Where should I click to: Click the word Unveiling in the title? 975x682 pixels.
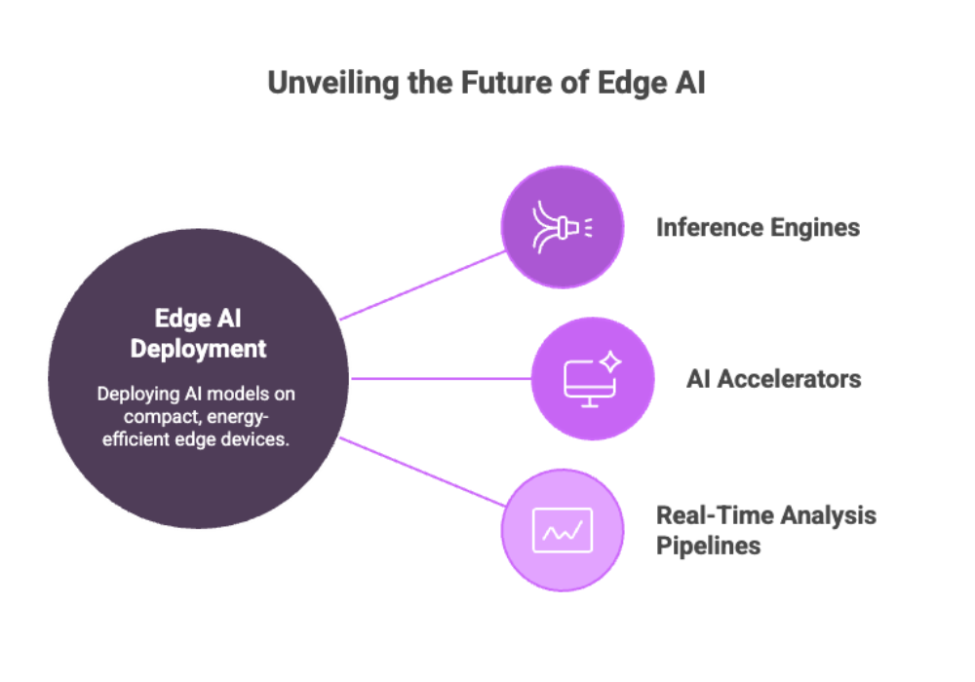point(332,84)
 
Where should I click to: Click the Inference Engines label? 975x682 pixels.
point(758,228)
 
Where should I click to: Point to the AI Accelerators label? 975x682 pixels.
point(773,379)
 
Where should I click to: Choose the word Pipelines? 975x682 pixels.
point(708,546)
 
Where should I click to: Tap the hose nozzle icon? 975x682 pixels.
point(563,227)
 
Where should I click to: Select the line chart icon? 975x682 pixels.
point(563,530)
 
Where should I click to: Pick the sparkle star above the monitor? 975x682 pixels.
point(610,360)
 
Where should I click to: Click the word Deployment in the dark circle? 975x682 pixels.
point(198,349)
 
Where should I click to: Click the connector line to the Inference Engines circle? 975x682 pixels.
point(423,285)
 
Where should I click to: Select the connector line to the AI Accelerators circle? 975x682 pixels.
point(441,378)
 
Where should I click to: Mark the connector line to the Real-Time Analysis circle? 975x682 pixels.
point(423,472)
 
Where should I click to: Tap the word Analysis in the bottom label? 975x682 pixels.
point(828,515)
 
